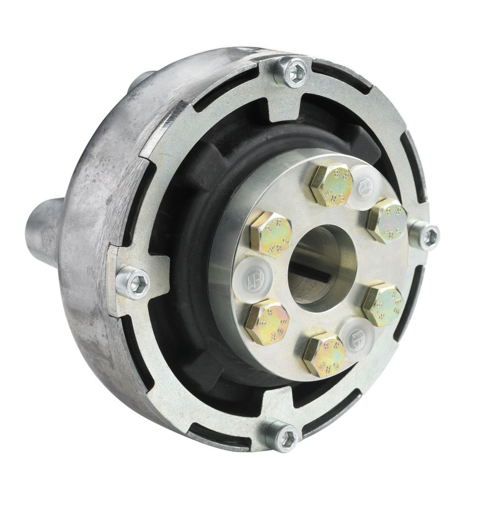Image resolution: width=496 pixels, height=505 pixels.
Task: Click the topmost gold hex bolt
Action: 331,184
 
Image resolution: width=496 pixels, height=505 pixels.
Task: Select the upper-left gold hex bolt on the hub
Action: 270,232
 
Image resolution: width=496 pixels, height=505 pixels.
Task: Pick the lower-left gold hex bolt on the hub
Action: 267,321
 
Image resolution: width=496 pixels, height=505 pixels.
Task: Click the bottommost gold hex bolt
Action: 324,354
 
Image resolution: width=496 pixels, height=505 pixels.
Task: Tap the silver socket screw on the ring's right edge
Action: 425,236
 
